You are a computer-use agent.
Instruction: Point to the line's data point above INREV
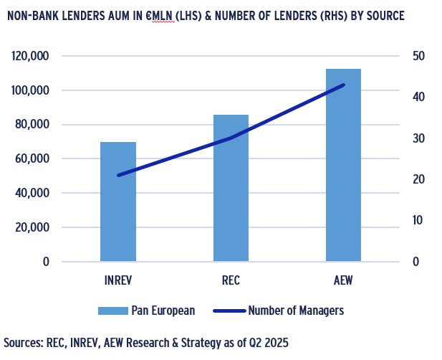pos(118,175)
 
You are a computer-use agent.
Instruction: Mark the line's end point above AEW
pos(344,85)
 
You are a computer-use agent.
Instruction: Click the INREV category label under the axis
pos(118,280)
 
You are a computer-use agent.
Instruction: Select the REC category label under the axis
pos(231,280)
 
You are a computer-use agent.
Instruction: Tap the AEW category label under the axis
pos(344,280)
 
